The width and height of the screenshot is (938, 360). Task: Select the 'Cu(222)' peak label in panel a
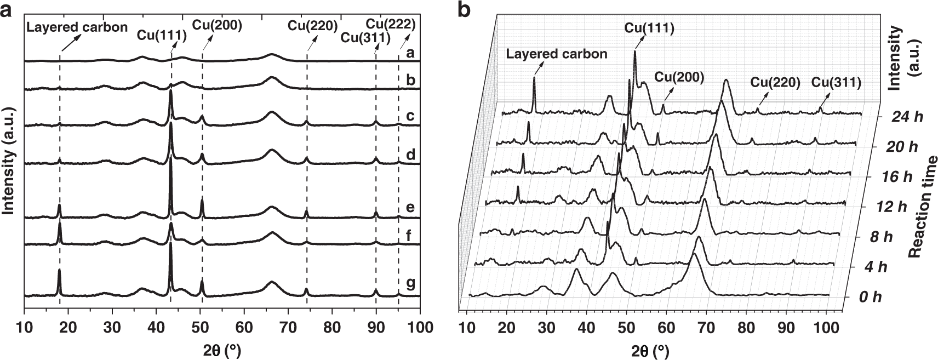pyautogui.click(x=390, y=24)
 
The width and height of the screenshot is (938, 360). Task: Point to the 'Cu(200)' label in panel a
pyautogui.click(x=217, y=25)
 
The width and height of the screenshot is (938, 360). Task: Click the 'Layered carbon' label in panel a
pyautogui.click(x=77, y=27)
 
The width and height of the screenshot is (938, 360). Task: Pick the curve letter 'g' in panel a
pyautogui.click(x=410, y=283)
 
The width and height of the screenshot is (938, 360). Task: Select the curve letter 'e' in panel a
pyautogui.click(x=410, y=208)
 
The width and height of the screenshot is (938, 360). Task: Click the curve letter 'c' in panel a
pyautogui.click(x=410, y=116)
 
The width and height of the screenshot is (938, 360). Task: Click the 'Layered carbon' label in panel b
pyautogui.click(x=557, y=54)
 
